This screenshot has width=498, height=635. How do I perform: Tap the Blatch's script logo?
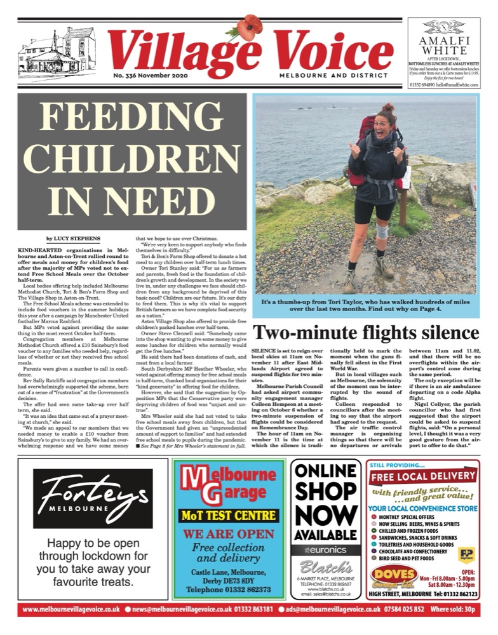[326, 566]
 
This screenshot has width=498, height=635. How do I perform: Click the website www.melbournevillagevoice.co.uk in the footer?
[70, 626]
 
